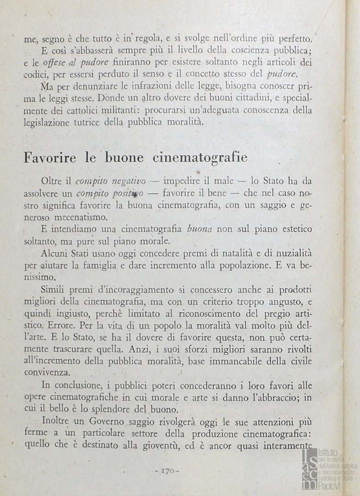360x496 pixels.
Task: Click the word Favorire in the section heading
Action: point(51,157)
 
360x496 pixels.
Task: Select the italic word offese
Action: point(55,62)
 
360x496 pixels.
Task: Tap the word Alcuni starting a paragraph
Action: point(55,253)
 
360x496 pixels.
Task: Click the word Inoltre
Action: point(56,421)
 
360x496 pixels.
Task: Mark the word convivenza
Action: point(48,373)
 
